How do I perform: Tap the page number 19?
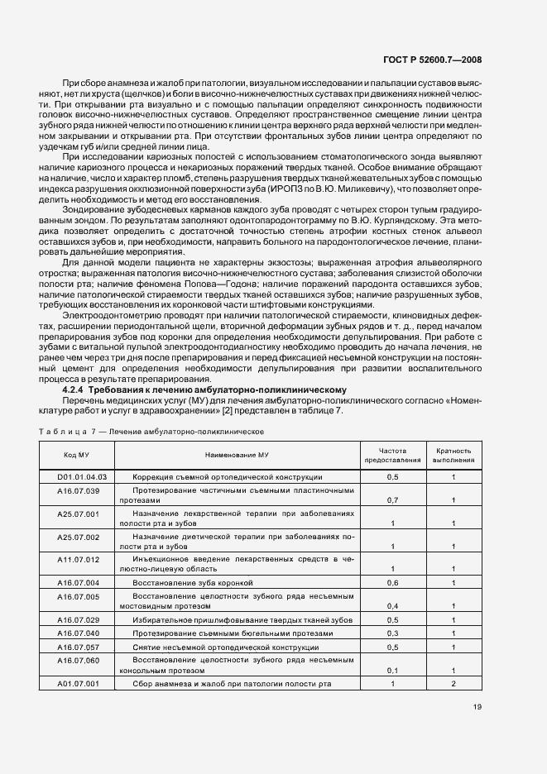[x=477, y=706]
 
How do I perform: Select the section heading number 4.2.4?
[x=74, y=389]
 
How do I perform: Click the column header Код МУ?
[x=78, y=456]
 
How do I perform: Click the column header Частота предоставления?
[x=392, y=455]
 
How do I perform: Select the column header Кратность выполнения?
[x=453, y=455]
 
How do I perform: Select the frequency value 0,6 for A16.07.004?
[x=392, y=583]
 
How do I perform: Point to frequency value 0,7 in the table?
[x=392, y=500]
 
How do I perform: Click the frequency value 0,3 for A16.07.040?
[x=392, y=633]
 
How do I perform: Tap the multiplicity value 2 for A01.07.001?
[x=453, y=683]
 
